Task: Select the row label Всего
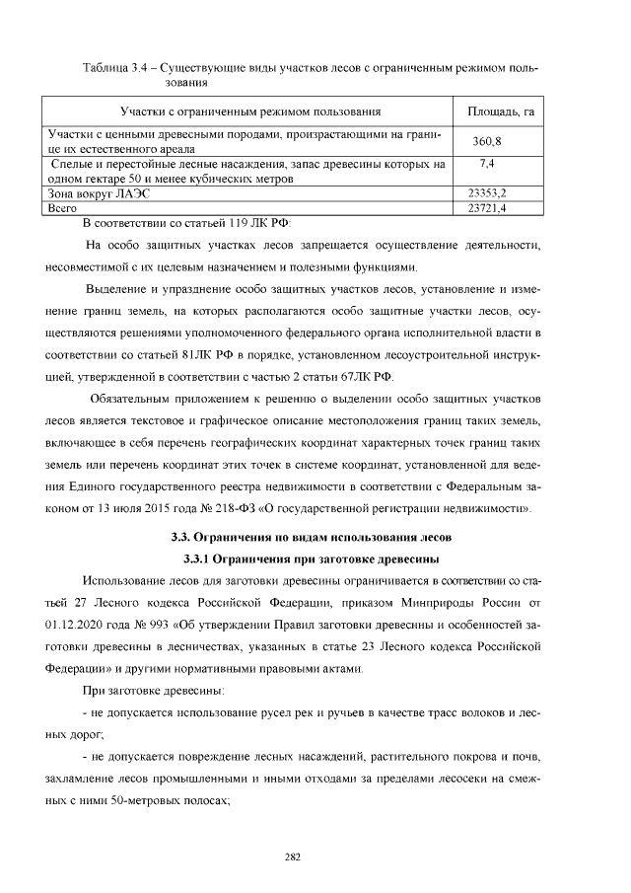click(x=62, y=209)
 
